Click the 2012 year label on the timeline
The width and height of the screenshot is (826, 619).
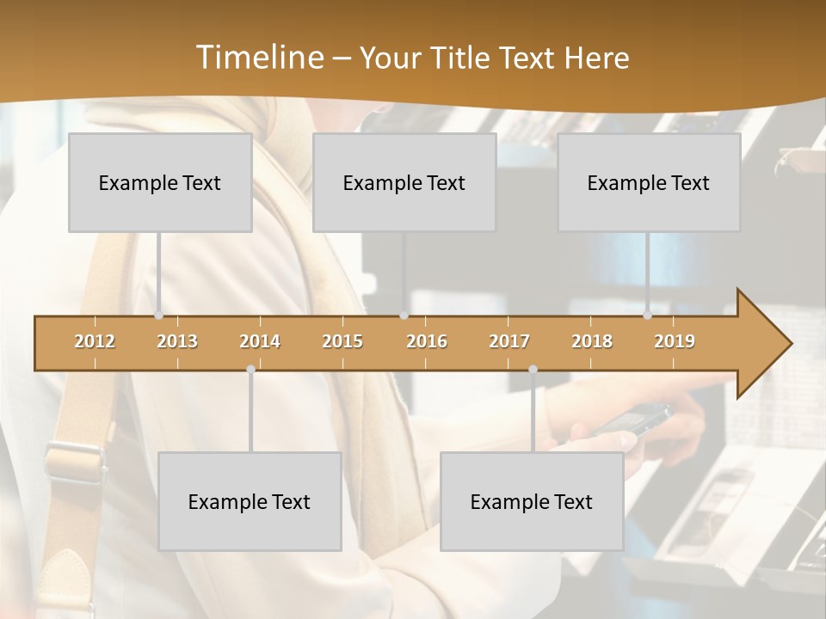tap(95, 341)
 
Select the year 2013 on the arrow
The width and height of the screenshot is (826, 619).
tap(177, 341)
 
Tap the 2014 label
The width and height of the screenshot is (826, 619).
tap(260, 341)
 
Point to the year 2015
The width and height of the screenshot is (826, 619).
tap(342, 341)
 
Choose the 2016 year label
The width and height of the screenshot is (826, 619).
tap(427, 341)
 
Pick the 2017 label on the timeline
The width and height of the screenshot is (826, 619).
tap(509, 341)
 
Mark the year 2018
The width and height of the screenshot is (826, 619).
tap(592, 341)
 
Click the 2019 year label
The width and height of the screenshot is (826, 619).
tap(675, 341)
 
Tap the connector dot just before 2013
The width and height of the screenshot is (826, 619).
tap(158, 316)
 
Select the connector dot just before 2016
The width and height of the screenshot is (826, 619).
tap(404, 316)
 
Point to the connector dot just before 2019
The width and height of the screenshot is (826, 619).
tap(647, 316)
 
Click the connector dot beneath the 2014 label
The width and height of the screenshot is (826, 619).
tap(250, 369)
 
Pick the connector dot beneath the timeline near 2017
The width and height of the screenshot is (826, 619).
tap(533, 369)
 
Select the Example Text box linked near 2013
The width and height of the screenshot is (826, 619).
tap(160, 182)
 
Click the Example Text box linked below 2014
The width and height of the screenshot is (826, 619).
tap(250, 501)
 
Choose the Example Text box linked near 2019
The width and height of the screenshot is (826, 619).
tap(649, 182)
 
